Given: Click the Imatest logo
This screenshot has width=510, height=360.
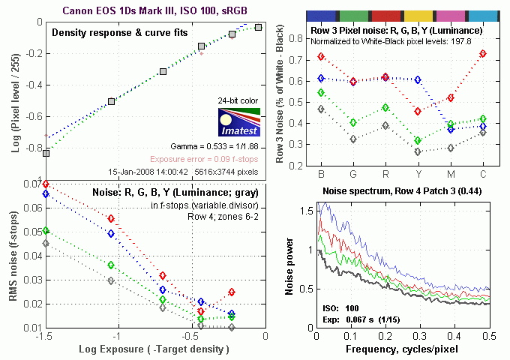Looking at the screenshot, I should [x=236, y=123].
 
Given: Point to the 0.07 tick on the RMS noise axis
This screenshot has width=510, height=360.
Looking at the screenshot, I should [x=33, y=184].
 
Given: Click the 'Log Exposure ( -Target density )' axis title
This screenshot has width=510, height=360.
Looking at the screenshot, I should [x=154, y=349].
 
